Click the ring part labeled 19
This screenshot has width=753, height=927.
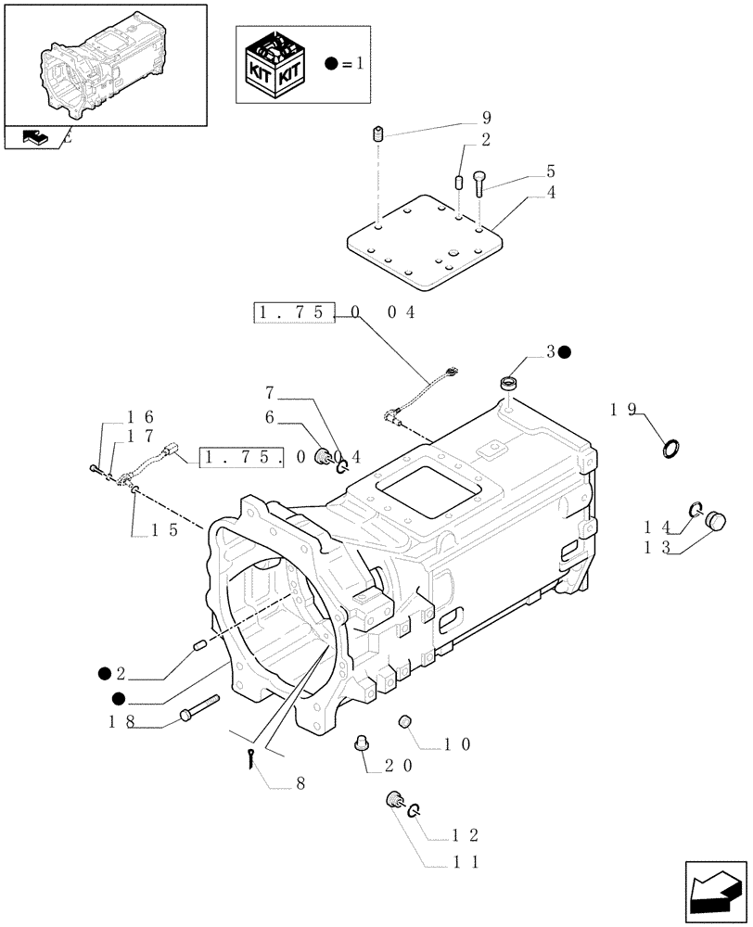[x=672, y=450]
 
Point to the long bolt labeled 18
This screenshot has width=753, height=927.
[x=200, y=709]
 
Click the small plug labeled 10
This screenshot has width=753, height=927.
[x=403, y=722]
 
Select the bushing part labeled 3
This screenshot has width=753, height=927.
[x=509, y=381]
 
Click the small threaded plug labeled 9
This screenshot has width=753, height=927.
[x=378, y=136]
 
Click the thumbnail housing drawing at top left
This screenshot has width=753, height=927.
[x=104, y=65]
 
